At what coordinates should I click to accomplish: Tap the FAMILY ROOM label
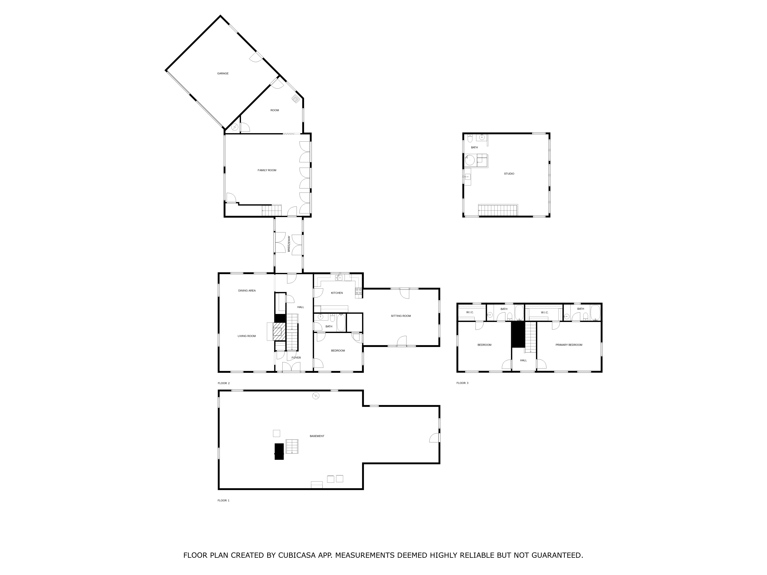tap(267, 170)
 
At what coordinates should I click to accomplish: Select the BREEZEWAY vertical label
tap(289, 244)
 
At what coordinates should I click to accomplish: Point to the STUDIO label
tap(509, 174)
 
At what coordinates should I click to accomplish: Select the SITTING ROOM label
tap(401, 316)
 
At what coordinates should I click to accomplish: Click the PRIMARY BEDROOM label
tap(569, 345)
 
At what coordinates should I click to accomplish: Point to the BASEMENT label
tap(317, 436)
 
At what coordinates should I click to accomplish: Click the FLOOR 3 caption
tap(462, 383)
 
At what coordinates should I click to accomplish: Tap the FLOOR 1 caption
tap(223, 500)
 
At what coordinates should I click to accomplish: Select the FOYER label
tap(296, 358)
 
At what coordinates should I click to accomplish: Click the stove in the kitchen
tap(359, 292)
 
